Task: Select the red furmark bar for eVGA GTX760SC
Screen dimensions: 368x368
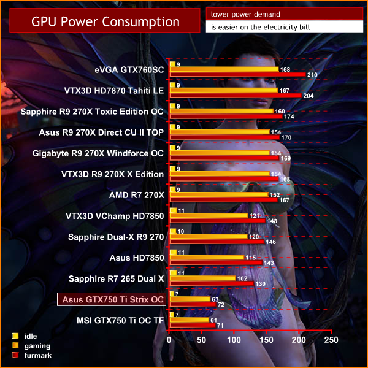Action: [237, 75]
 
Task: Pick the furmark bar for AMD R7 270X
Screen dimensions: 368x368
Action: [223, 200]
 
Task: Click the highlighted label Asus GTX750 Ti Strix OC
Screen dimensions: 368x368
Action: [111, 299]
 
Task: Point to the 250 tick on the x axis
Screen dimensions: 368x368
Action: [331, 339]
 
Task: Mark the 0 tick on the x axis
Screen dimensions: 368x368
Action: [169, 339]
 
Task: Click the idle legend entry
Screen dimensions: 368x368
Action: [25, 336]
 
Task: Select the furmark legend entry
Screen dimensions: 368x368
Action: [30, 355]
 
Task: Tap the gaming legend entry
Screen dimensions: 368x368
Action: [30, 345]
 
